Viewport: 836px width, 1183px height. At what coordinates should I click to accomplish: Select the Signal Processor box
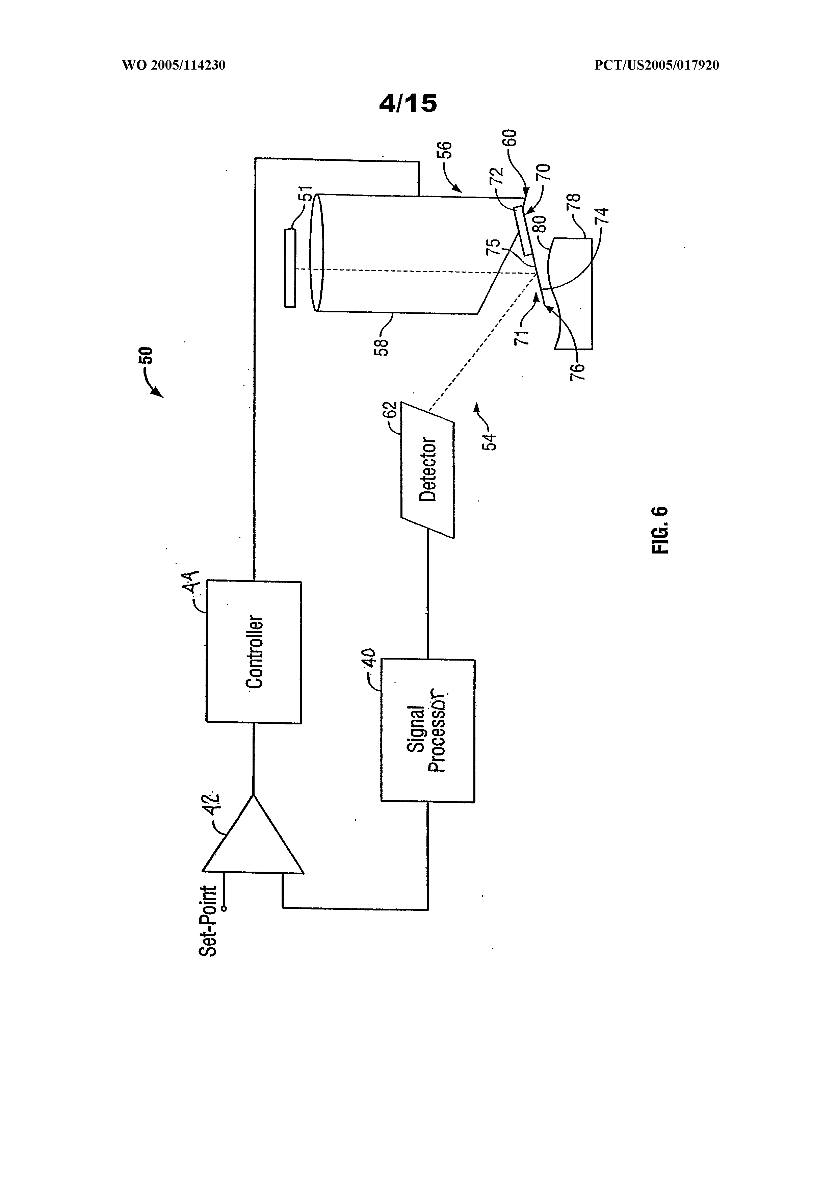427,730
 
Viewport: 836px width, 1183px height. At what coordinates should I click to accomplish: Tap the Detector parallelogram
427,469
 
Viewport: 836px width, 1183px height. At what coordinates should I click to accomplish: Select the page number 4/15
408,103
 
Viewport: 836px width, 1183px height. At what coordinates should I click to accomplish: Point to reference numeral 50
147,356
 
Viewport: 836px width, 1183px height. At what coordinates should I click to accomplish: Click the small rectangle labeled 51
290,268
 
